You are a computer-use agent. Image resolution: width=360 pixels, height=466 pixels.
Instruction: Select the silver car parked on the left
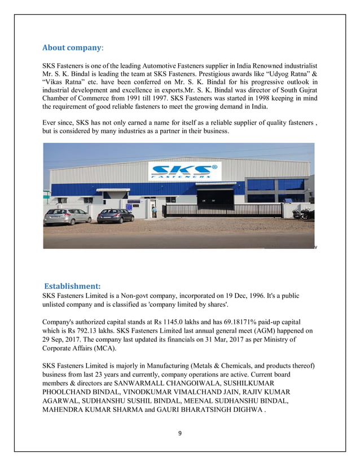click(x=67, y=216)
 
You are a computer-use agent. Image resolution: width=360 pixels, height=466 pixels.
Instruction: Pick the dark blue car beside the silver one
click(x=115, y=216)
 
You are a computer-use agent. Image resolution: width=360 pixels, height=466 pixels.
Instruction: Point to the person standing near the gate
click(x=153, y=212)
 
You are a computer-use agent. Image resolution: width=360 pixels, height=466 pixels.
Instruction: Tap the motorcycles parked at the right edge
click(x=307, y=214)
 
